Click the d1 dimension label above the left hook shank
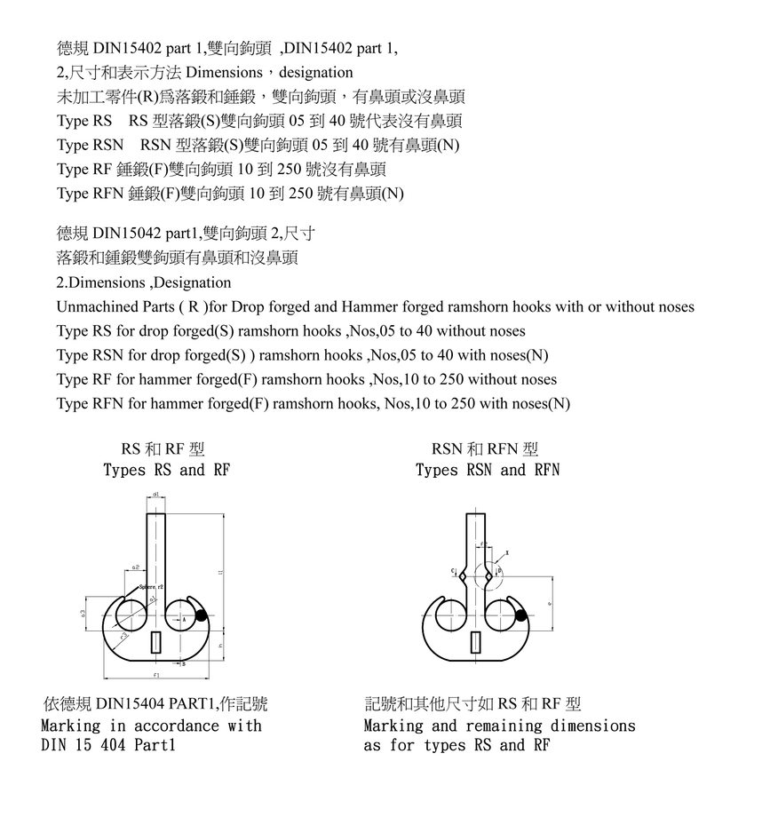(x=155, y=494)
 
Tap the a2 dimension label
(x=135, y=566)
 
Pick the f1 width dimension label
(x=156, y=676)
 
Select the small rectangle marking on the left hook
(x=156, y=642)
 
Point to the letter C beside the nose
(x=453, y=570)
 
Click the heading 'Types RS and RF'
(x=166, y=470)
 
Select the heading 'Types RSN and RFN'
(x=488, y=470)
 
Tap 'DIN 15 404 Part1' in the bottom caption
(x=108, y=745)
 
